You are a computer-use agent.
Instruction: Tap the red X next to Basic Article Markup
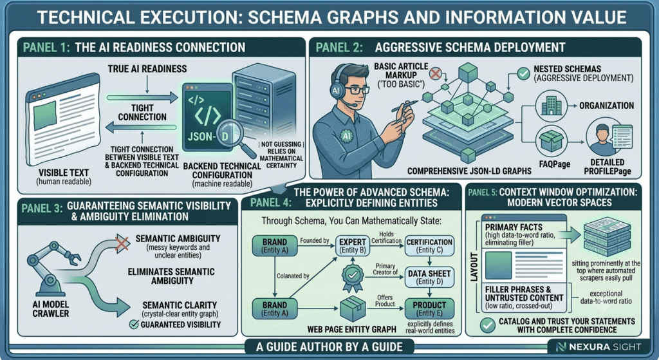[436, 75]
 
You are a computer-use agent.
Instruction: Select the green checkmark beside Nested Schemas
[523, 74]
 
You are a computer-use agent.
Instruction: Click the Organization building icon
[552, 106]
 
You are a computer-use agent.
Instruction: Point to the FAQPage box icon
[552, 141]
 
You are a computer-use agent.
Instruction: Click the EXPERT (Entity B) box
[352, 245]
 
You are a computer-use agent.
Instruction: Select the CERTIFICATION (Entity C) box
[429, 245]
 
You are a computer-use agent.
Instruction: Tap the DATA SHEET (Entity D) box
[429, 277]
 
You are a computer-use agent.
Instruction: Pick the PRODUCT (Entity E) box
[429, 308]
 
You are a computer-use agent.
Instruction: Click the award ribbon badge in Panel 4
[352, 278]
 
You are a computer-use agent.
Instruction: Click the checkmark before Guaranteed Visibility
[134, 324]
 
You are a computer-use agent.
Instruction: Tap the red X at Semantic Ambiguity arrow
[122, 243]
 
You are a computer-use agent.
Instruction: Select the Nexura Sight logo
[599, 347]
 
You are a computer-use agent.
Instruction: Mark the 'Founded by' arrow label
[314, 241]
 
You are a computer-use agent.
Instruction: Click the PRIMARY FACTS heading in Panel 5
[514, 227]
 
